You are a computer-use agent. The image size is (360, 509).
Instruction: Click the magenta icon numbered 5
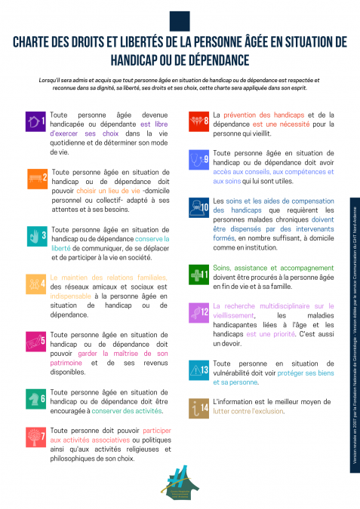tap(36, 341)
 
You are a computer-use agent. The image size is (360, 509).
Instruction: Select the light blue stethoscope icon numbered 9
tap(199, 159)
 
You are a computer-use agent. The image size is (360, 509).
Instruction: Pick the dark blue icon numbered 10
tap(200, 207)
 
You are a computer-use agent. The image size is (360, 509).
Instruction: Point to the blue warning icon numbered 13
tap(199, 369)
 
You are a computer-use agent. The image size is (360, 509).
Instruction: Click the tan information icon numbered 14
tap(199, 408)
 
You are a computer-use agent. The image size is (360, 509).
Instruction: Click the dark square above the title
tap(179, 17)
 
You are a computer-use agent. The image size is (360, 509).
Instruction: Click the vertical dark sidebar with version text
tap(354, 336)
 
